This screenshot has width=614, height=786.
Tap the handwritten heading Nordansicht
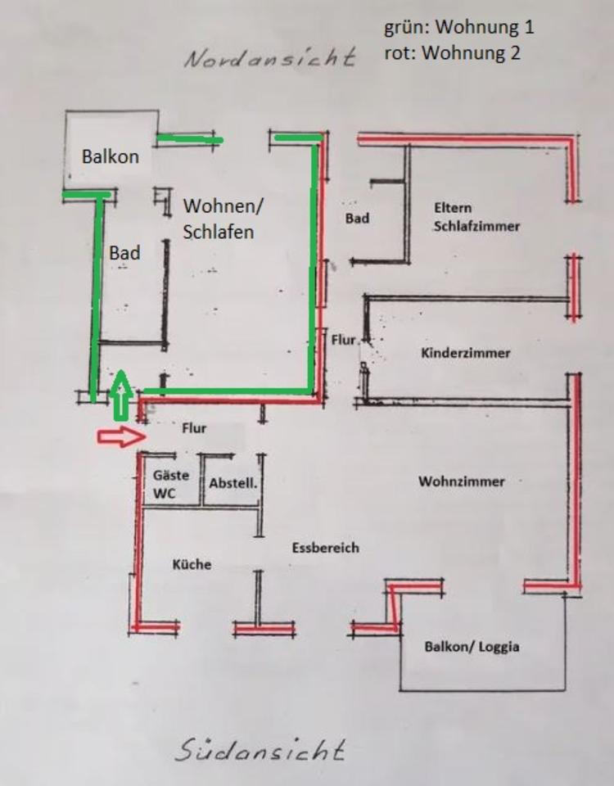269,59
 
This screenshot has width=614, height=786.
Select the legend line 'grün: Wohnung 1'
459,26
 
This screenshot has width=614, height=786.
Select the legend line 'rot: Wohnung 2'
453,53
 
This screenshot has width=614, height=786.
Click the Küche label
192,564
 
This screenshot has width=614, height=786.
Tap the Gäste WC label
170,484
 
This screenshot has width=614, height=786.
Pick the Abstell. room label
233,483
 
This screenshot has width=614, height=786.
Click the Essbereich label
325,548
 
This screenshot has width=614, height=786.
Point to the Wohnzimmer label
461,481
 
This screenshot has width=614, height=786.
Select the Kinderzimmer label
465,353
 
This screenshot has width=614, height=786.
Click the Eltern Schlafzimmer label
476,217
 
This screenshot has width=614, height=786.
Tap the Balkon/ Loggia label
472,647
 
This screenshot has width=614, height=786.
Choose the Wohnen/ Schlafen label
218,219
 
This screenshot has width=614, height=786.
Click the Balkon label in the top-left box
110,156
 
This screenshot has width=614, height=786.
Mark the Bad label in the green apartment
124,253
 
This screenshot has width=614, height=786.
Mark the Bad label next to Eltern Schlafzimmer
357,219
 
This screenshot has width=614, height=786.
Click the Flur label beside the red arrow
194,427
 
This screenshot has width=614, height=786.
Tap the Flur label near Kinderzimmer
343,338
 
